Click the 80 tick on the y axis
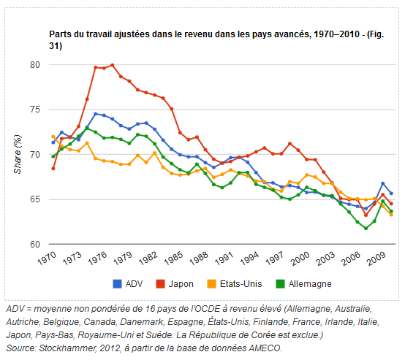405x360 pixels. click(34, 65)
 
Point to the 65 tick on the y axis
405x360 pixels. click(34, 199)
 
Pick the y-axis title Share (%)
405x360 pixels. click(18, 154)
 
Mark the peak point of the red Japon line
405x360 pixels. click(112, 65)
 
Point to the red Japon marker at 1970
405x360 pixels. click(53, 169)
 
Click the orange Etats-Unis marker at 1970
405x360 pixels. click(53, 137)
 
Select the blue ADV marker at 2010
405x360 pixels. click(391, 194)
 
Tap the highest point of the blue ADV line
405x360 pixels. click(95, 114)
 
